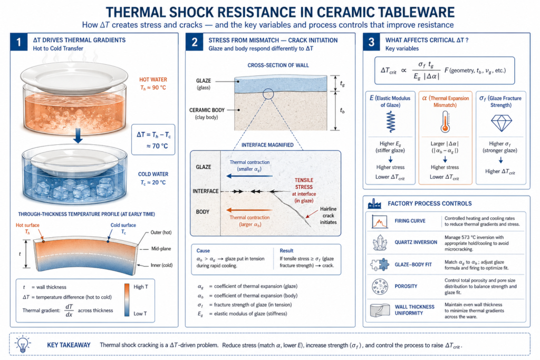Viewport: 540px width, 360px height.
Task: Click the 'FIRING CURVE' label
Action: pos(411,221)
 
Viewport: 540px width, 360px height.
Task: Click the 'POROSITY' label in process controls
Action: pos(407,286)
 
